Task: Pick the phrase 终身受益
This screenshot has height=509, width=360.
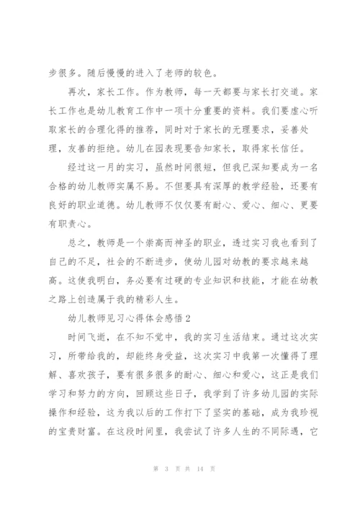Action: [x=173, y=364]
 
